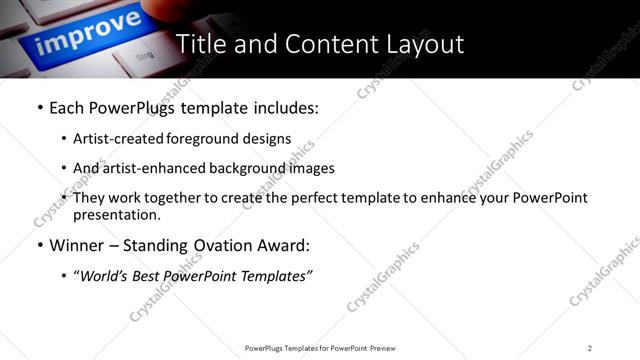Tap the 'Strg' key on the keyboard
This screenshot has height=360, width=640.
143,57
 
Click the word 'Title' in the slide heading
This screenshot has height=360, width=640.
202,44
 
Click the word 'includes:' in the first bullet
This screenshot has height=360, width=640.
283,108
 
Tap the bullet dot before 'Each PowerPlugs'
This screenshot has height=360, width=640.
39,108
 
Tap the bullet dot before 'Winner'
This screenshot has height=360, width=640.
39,246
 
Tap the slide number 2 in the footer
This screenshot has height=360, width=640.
590,348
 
